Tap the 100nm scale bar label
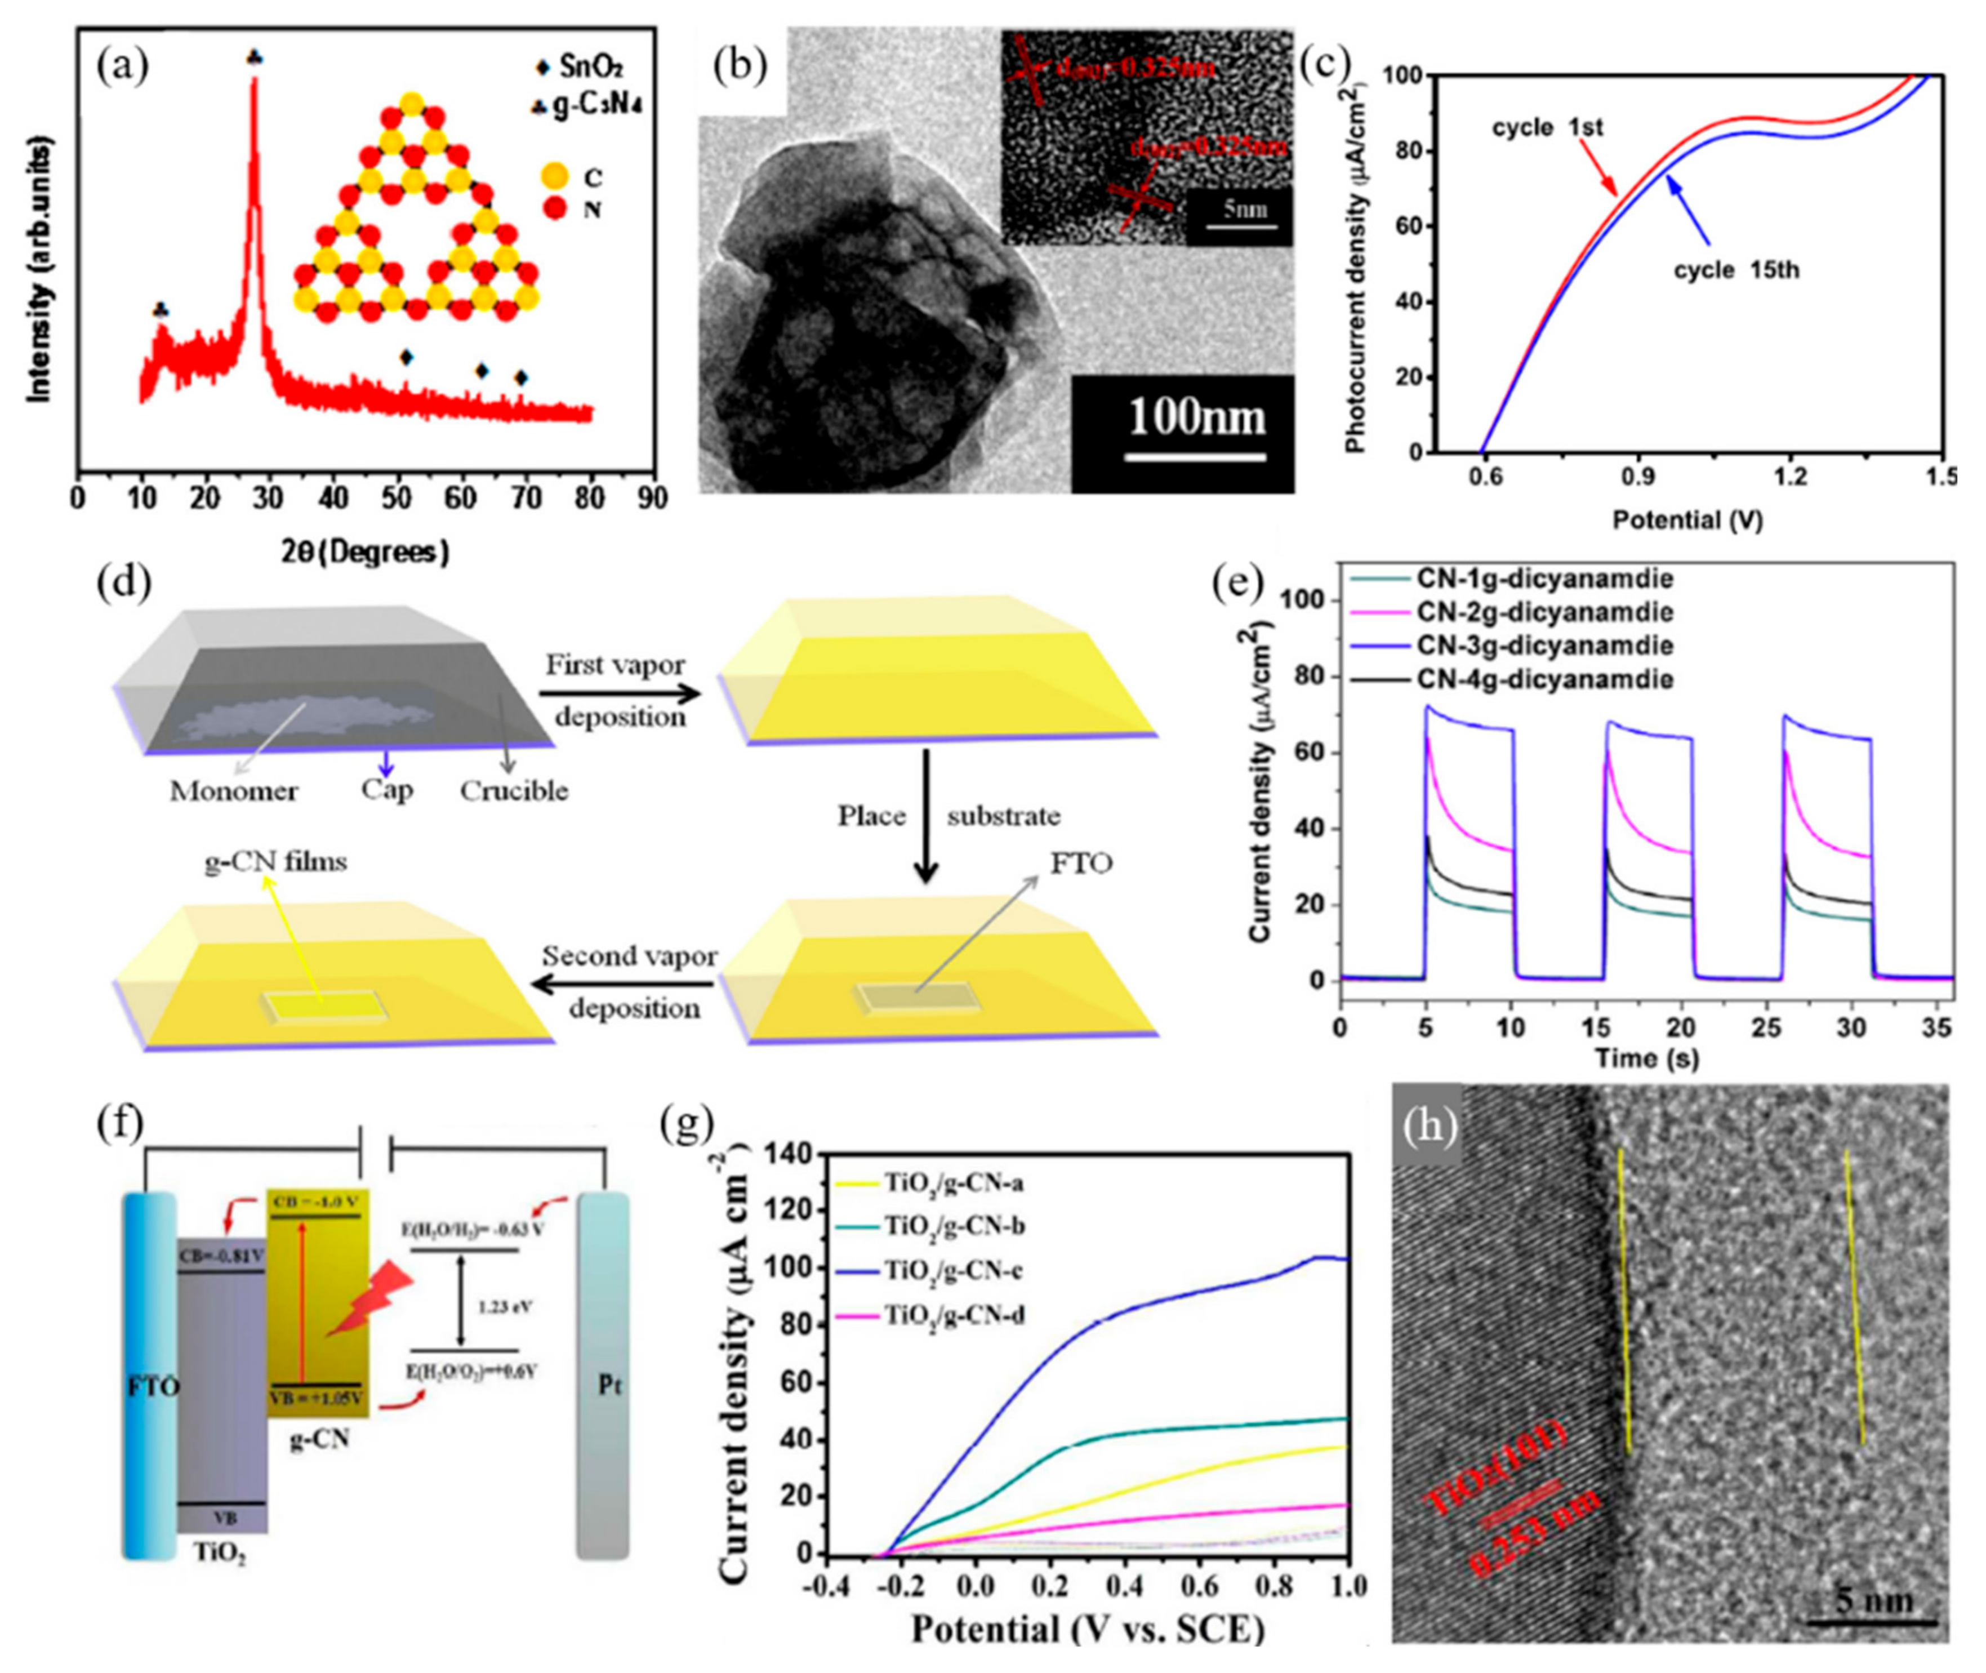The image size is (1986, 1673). coord(1197,417)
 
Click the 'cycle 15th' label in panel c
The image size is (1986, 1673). coord(1735,270)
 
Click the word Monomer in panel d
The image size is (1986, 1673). coord(233,791)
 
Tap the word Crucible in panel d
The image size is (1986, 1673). coord(514,791)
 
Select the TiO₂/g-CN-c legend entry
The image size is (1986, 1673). coord(953,1270)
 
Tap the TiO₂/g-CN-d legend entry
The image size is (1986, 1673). coord(953,1315)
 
